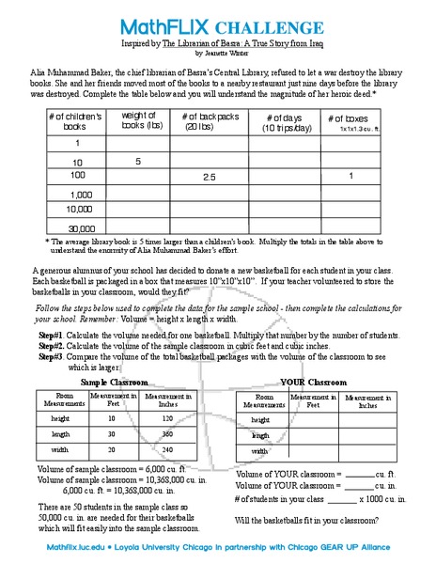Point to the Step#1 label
pos(51,334)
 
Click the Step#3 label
pos(51,356)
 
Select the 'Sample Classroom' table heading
pos(114,383)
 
